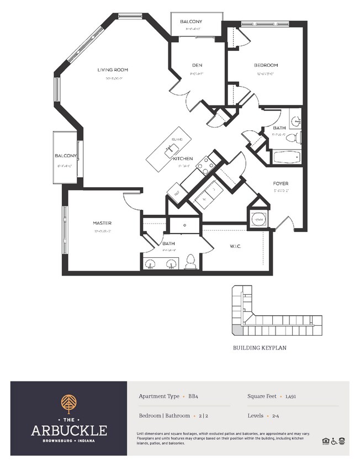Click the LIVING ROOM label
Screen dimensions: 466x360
tap(113, 70)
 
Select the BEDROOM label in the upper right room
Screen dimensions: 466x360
tap(266, 65)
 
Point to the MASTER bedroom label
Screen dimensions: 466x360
tap(102, 223)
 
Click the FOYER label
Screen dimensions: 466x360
tap(280, 183)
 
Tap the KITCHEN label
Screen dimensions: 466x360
tap(182, 158)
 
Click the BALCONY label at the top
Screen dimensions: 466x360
tap(191, 22)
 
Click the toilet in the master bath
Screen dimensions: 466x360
tap(191, 261)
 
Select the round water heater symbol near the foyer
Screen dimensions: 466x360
tap(257, 220)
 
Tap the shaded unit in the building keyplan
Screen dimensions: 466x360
tap(236, 330)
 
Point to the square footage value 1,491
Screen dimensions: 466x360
tap(292, 397)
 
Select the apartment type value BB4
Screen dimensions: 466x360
tap(194, 397)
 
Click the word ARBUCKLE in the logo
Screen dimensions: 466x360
tap(69, 430)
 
